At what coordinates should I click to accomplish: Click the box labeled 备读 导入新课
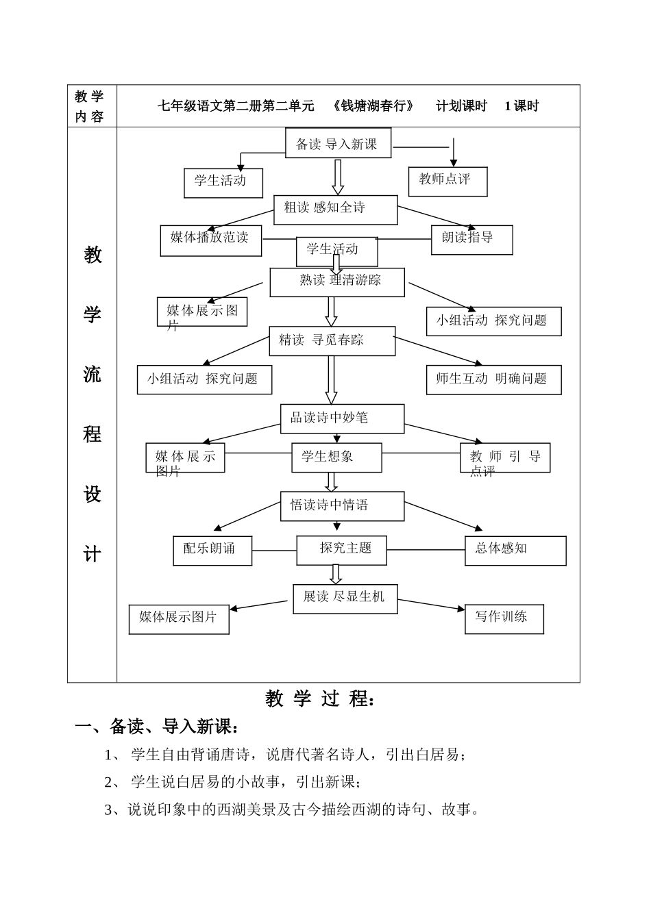pyautogui.click(x=338, y=144)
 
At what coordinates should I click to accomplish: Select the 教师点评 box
pyautogui.click(x=447, y=181)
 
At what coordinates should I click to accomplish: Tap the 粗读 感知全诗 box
pyautogui.click(x=335, y=210)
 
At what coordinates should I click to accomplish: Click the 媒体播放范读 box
pyautogui.click(x=210, y=240)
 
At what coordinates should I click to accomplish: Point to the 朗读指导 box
pyautogui.click(x=471, y=240)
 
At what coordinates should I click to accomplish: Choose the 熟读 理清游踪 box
pyautogui.click(x=336, y=282)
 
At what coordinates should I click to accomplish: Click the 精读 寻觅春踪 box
pyautogui.click(x=332, y=341)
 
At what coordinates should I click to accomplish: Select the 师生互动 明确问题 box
pyautogui.click(x=493, y=379)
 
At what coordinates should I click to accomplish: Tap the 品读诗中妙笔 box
pyautogui.click(x=342, y=418)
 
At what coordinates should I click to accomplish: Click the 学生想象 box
pyautogui.click(x=336, y=457)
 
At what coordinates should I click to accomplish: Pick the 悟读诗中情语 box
pyautogui.click(x=342, y=506)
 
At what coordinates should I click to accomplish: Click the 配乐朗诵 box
pyautogui.click(x=212, y=551)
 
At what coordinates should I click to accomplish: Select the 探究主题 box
pyautogui.click(x=341, y=550)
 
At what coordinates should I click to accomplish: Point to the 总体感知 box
pyautogui.click(x=515, y=550)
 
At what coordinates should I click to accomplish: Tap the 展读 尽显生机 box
pyautogui.click(x=345, y=599)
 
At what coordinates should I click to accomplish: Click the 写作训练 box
pyautogui.click(x=504, y=618)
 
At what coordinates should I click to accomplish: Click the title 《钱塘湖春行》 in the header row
pyautogui.click(x=373, y=106)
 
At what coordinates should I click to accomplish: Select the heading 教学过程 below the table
pyautogui.click(x=320, y=699)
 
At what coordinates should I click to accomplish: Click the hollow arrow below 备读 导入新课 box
pyautogui.click(x=338, y=177)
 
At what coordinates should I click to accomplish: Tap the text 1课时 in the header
pyautogui.click(x=521, y=106)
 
